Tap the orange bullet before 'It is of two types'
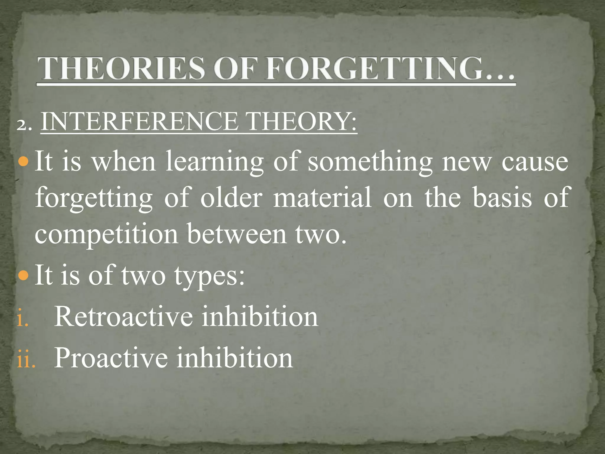point(23,276)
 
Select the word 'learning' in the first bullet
point(214,162)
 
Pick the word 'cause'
point(535,162)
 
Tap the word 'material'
point(322,197)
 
